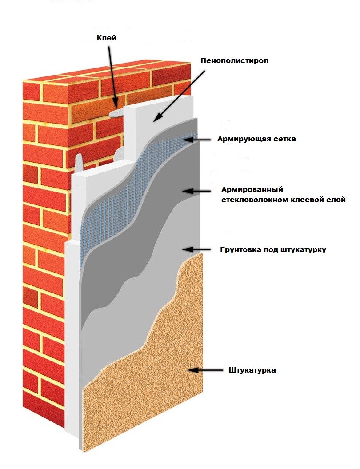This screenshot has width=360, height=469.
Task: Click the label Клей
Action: [x=107, y=38]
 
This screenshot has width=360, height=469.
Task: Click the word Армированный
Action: [x=252, y=190]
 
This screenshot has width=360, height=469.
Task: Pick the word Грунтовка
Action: [x=241, y=250]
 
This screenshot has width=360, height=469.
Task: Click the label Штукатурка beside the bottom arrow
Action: [x=252, y=370]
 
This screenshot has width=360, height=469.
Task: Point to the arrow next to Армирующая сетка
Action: [x=199, y=140]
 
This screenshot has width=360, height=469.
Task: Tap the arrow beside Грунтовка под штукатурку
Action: [x=199, y=250]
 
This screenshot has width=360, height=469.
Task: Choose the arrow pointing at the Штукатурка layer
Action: [x=204, y=370]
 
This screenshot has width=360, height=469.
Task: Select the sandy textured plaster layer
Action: [x=147, y=391]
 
